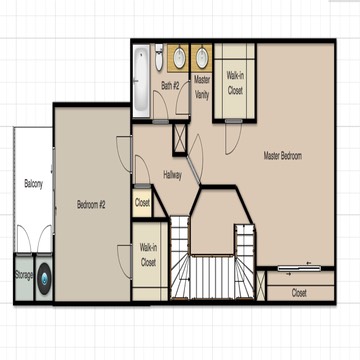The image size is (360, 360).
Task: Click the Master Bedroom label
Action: pos(283,156)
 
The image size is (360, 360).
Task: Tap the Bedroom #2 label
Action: pos(91,204)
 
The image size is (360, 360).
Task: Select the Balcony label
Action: pos(33,184)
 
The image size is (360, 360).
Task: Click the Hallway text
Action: pos(172,175)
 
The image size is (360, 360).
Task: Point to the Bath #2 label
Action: pos(170,86)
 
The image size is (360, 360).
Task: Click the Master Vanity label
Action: pos(202,87)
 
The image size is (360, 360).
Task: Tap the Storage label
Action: pos(24,276)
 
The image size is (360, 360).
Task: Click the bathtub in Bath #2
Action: pos(141,79)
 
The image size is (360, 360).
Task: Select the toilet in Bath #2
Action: pos(159,57)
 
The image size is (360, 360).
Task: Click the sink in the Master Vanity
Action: pos(202,58)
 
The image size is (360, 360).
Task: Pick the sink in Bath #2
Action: pos(179,58)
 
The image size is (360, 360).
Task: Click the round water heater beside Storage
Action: pos(44,279)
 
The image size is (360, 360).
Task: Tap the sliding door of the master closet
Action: pos(299,268)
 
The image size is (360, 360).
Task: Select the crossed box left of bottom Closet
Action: pos(261,285)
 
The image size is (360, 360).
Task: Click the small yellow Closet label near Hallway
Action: pos(142,203)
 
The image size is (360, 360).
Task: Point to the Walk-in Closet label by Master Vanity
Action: pos(235,83)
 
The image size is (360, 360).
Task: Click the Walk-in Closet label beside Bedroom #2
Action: pos(148,255)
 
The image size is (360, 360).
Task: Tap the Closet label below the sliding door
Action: pos(299,293)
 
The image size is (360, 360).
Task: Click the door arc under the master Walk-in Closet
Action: pos(232,138)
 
